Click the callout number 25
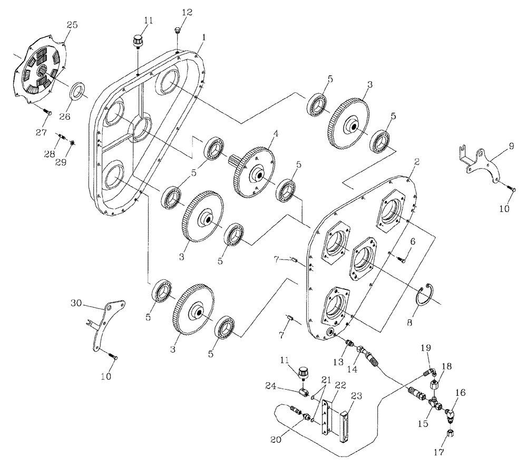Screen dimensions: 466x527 [x=72, y=25]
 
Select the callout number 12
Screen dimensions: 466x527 [x=173, y=12]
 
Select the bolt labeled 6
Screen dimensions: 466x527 [x=403, y=258]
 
